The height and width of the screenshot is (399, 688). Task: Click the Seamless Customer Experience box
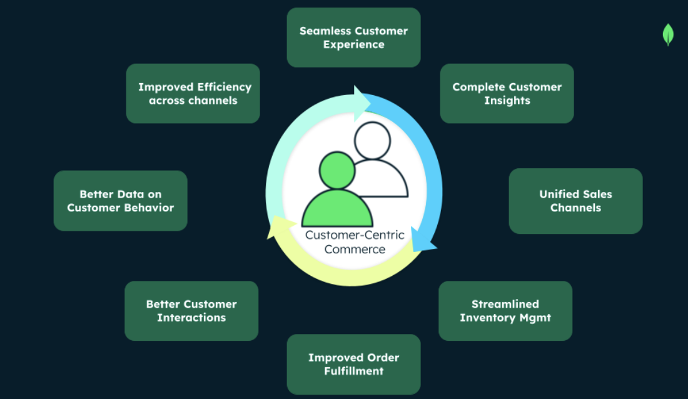pos(353,38)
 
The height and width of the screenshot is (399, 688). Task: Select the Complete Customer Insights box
pos(507,93)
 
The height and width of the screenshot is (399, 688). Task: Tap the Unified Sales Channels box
pos(575,201)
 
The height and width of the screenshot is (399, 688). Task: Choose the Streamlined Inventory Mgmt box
pos(505,311)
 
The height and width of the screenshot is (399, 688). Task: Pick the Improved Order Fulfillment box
pos(353,364)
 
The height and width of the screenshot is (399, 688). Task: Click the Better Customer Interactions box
pos(191,311)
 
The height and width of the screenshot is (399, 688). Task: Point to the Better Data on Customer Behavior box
pos(120,201)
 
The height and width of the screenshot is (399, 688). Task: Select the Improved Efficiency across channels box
pos(193,93)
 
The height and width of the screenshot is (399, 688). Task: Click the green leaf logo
pos(668,34)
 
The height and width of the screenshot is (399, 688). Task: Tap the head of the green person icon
pos(337,170)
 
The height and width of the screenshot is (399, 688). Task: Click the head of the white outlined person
pos(372,141)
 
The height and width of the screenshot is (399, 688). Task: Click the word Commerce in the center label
pos(355,249)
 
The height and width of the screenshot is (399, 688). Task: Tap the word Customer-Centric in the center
pos(355,235)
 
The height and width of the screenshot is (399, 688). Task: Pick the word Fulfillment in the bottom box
pos(353,371)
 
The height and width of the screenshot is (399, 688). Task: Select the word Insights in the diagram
pos(507,100)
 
